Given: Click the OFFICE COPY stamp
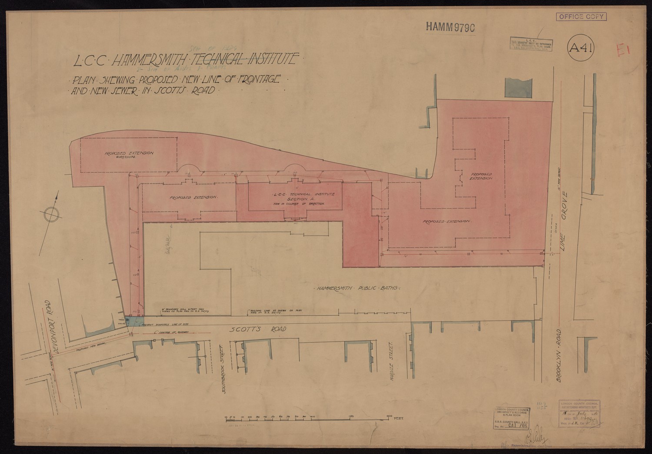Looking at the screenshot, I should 581,17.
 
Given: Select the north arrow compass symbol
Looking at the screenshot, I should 50,214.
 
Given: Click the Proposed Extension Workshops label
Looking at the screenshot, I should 129,155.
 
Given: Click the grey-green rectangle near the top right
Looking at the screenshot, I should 518,89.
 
